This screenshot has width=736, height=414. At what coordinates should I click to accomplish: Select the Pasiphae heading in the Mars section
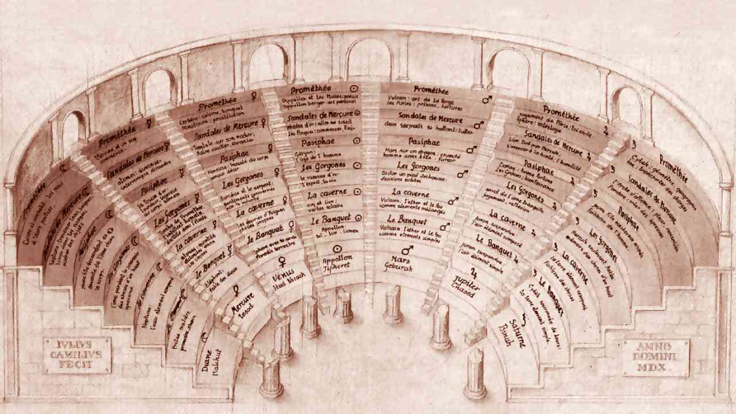(x=424, y=140)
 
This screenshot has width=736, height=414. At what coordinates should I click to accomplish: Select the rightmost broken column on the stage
(x=476, y=374)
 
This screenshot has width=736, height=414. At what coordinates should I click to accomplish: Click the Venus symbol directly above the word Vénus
(x=282, y=262)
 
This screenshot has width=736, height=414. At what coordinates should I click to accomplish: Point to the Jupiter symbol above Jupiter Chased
(x=474, y=272)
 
